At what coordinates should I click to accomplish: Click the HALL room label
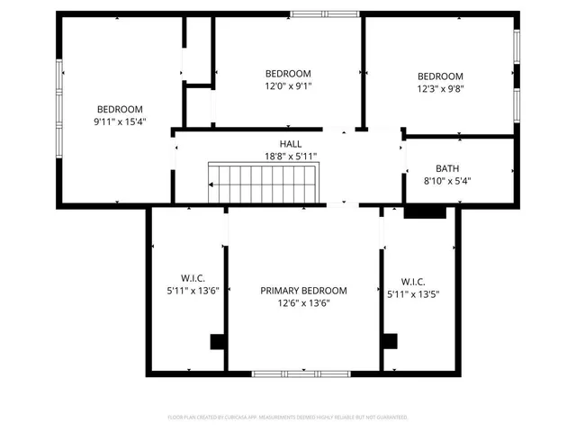click(290, 144)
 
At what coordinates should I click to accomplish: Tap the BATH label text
click(447, 168)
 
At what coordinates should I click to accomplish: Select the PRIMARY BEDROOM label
click(303, 291)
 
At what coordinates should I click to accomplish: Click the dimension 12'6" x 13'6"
click(303, 303)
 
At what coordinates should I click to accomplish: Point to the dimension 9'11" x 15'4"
click(120, 121)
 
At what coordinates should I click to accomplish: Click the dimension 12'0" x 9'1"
click(288, 86)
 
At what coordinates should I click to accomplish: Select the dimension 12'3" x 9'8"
click(440, 89)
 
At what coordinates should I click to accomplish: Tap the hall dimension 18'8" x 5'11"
click(290, 156)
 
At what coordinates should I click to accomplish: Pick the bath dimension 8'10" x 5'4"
click(447, 180)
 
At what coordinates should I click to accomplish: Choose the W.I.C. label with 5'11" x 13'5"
click(413, 282)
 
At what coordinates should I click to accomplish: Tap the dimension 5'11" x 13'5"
click(413, 294)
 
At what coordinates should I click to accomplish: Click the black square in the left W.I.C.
click(217, 341)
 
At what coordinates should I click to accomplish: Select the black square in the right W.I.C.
click(390, 341)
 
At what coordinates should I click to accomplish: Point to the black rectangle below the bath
click(425, 213)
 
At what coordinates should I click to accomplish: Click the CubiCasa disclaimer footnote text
click(288, 418)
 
